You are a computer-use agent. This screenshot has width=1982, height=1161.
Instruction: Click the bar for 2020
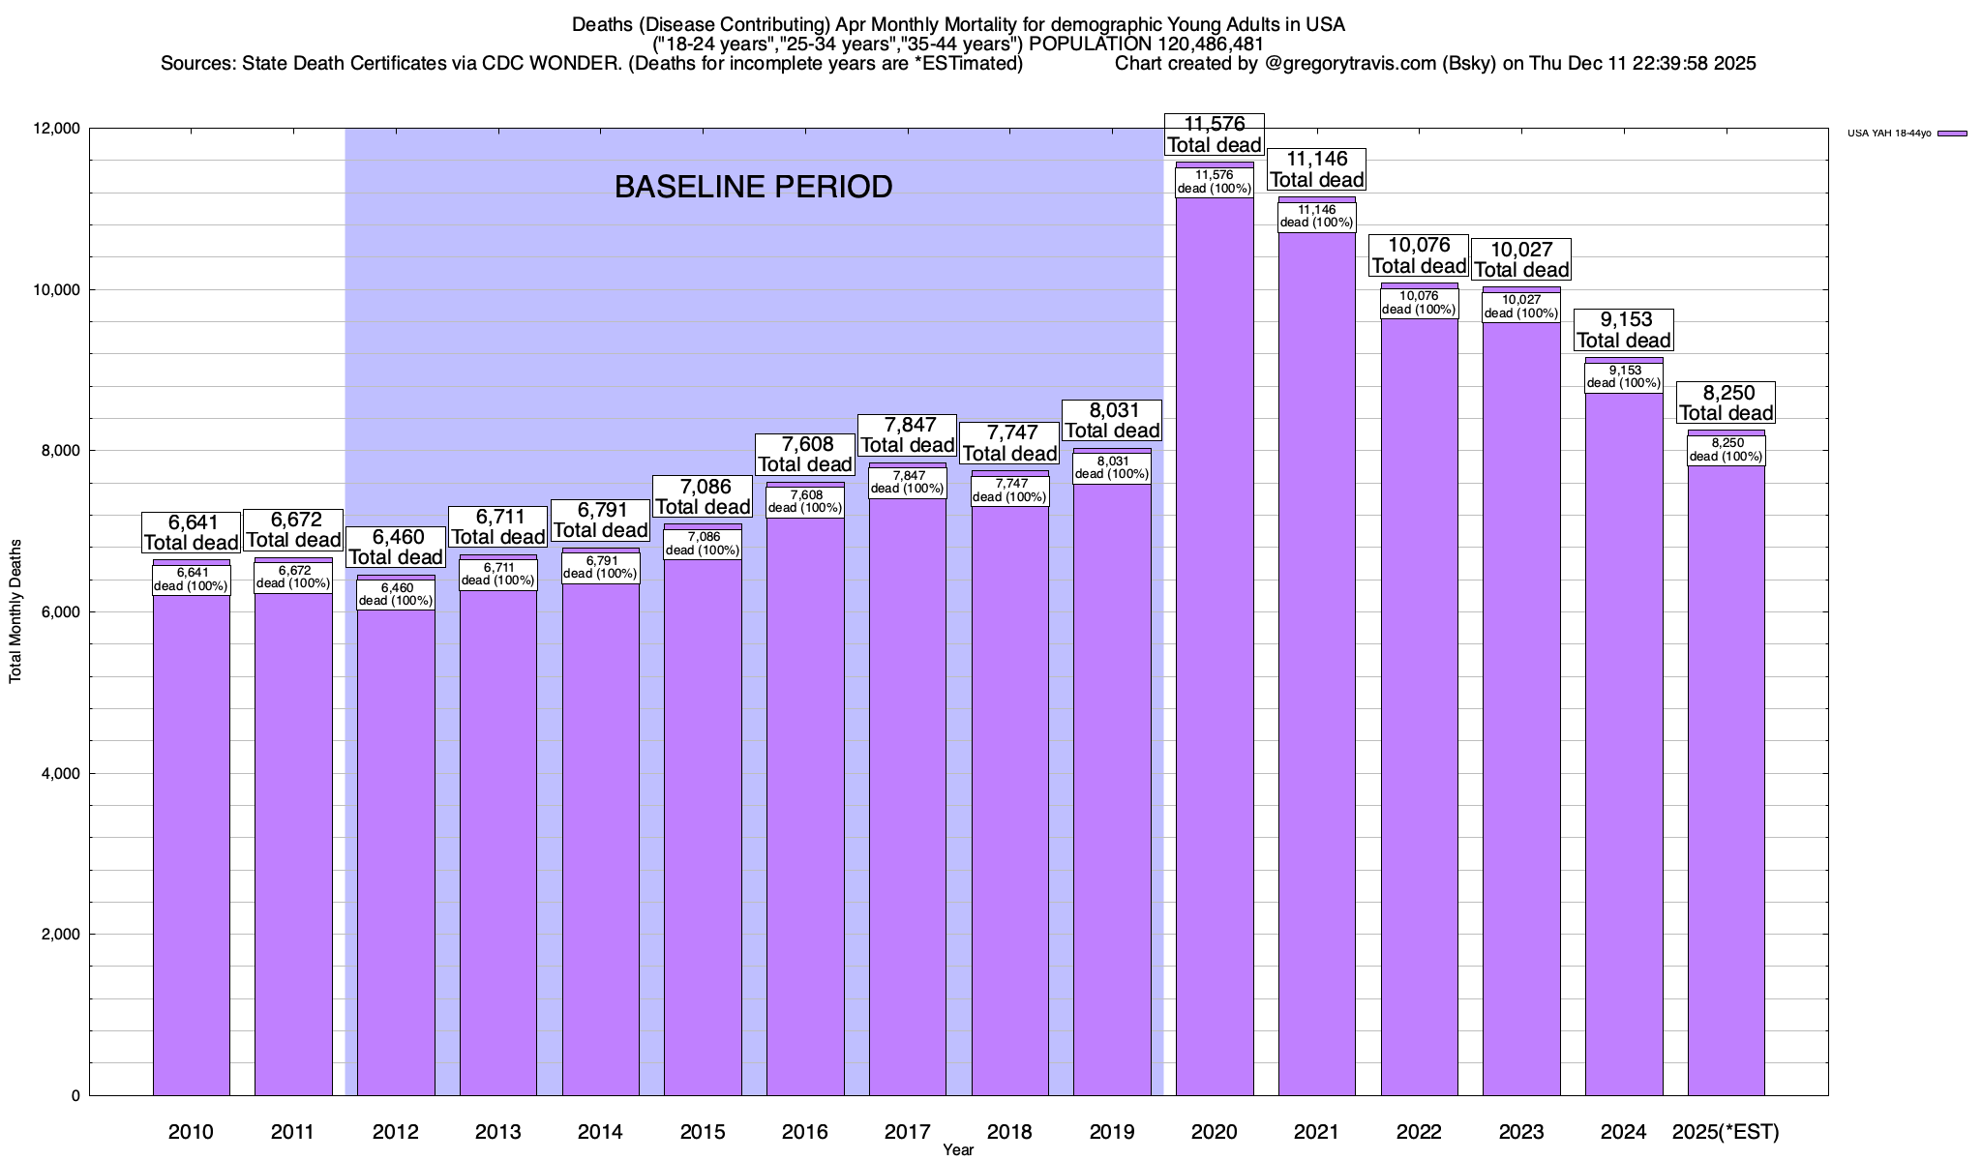[x=1215, y=677]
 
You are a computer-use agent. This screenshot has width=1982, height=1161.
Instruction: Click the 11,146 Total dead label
[x=1316, y=169]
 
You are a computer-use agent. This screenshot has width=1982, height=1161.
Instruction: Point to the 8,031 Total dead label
[x=1112, y=421]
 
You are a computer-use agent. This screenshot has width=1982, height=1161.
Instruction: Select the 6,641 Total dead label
[x=191, y=533]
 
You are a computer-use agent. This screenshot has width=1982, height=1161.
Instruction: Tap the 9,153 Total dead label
[x=1623, y=330]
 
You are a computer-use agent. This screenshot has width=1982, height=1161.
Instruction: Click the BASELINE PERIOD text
[x=753, y=187]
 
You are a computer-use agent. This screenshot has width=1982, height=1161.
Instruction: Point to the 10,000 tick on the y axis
[x=58, y=290]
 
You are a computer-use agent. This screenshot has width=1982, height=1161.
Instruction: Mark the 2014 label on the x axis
[x=600, y=1132]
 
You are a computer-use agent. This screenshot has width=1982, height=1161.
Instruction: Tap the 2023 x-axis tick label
[x=1521, y=1132]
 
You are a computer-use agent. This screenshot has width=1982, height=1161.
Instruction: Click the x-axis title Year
[x=958, y=1150]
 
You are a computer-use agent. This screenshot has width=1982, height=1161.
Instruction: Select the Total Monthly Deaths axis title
[x=15, y=611]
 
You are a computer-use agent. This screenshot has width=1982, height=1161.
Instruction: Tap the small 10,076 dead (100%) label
[x=1419, y=303]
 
